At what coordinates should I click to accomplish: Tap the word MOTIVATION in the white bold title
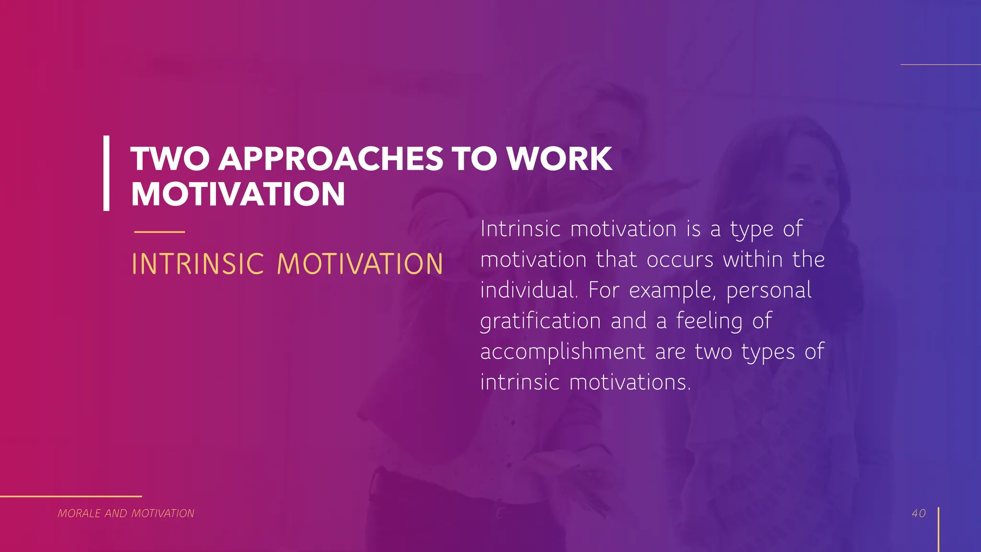(x=238, y=194)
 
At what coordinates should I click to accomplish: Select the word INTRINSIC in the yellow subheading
(x=198, y=264)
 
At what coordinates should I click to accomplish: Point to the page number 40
(x=919, y=513)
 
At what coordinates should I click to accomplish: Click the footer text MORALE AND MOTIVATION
(x=126, y=513)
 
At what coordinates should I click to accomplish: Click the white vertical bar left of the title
(x=106, y=173)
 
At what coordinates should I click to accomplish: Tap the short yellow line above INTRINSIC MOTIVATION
(x=160, y=232)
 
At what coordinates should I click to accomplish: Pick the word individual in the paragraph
(x=528, y=290)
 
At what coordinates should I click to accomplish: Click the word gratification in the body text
(x=540, y=321)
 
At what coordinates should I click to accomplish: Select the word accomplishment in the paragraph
(x=563, y=352)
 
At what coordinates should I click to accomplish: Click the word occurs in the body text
(x=680, y=260)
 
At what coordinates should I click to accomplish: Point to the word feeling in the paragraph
(x=709, y=321)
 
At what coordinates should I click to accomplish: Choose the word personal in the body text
(x=769, y=290)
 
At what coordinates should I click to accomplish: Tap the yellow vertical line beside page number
(x=938, y=529)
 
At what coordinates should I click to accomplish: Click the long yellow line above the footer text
(x=71, y=496)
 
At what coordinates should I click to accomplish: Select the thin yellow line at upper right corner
(x=940, y=64)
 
